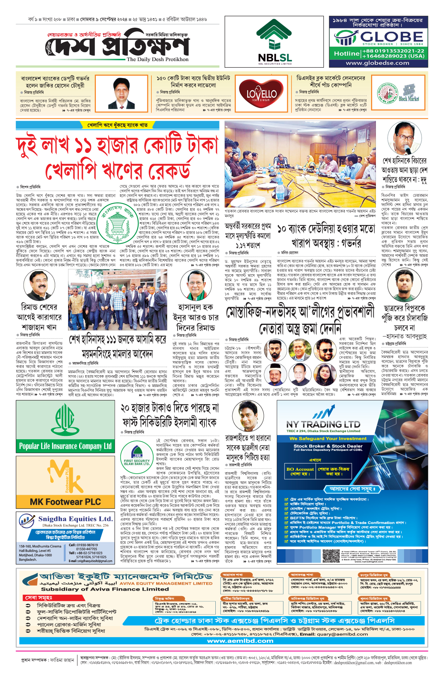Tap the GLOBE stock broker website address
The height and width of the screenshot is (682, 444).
tap(377, 63)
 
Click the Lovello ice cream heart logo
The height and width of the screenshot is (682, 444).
tap(262, 93)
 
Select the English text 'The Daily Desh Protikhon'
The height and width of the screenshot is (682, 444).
tap(157, 59)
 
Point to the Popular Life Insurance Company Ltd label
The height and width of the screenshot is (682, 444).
tap(65, 446)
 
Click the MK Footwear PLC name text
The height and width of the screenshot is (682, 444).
tap(65, 502)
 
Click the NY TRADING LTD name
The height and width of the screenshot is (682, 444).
tap(323, 424)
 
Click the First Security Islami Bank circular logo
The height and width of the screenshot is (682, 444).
tap(137, 457)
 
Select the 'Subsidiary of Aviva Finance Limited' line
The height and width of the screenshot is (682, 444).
tap(105, 589)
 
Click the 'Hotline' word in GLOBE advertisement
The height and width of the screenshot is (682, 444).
tap(346, 54)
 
